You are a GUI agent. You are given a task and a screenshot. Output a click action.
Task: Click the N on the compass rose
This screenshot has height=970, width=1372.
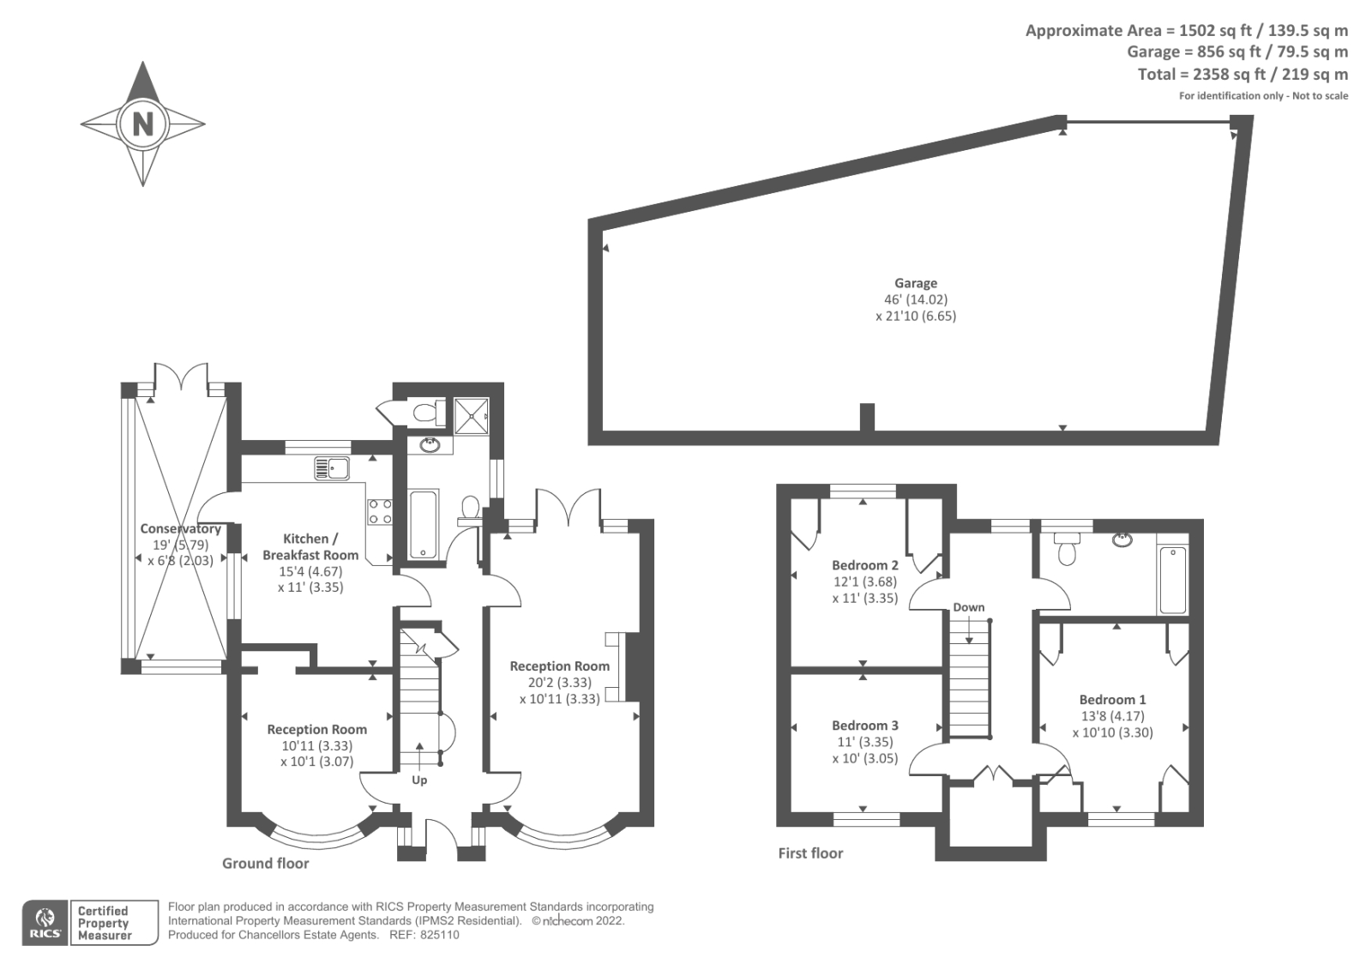[x=142, y=124]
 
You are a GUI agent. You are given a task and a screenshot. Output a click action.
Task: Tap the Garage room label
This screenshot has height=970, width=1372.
[x=916, y=283]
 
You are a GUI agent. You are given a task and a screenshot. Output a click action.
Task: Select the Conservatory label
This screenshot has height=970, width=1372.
[x=180, y=529]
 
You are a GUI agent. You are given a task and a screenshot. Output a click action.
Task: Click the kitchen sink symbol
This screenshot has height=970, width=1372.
[x=332, y=467]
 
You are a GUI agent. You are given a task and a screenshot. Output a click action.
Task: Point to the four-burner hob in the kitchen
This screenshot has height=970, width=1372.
[x=381, y=512]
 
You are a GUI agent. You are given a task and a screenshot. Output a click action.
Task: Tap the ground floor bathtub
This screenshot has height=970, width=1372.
[x=424, y=524]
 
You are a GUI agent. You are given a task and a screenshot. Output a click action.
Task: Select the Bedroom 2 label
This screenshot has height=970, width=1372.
[x=865, y=565]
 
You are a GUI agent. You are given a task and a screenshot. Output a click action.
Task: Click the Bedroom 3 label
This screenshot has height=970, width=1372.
[x=865, y=726]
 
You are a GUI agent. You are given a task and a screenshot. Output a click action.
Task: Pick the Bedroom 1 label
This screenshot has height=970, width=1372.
[x=1112, y=700]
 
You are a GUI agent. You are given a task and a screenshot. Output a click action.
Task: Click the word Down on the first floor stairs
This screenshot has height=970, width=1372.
[x=969, y=607]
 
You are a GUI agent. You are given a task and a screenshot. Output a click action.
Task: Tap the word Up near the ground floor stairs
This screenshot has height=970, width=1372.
[x=419, y=780]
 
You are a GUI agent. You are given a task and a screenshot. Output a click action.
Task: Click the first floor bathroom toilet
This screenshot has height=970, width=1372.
[x=1066, y=549]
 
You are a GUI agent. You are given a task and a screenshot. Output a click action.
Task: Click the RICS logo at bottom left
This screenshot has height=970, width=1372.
[x=44, y=923]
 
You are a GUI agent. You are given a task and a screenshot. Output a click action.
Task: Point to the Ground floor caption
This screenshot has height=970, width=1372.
[x=266, y=864]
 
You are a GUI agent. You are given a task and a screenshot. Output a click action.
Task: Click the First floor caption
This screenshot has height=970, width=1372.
[x=810, y=853]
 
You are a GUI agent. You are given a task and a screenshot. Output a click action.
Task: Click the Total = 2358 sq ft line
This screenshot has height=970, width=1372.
[x=1243, y=75]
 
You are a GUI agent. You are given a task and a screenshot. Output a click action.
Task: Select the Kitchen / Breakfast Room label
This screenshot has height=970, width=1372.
[x=310, y=546]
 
